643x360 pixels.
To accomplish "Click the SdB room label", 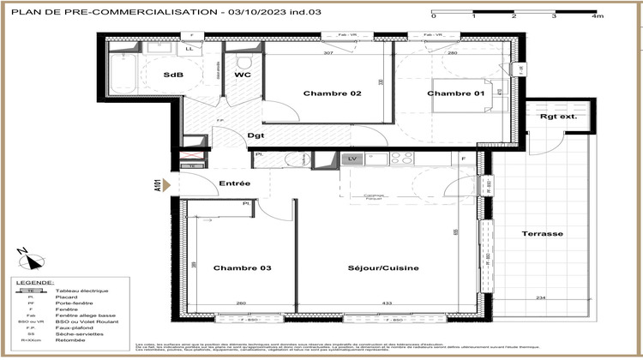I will point(173,75).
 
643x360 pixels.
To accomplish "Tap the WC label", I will point(243,75).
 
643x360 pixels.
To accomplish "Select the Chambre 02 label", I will point(332,93).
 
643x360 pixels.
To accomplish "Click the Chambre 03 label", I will point(242,268).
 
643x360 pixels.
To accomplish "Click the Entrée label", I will point(234,183).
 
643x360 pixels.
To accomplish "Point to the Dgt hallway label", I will point(255,135).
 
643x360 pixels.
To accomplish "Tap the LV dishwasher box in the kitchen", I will point(352,159).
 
